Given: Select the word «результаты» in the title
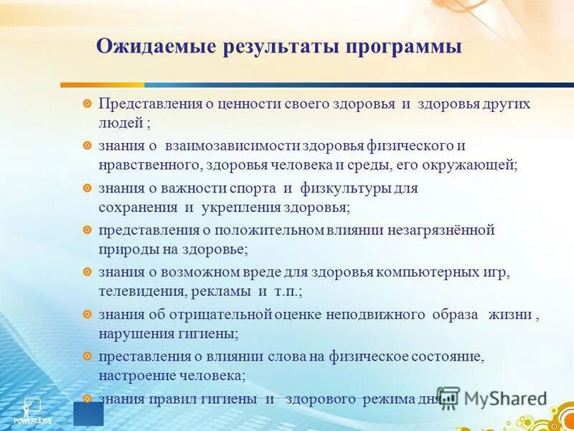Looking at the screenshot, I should [x=273, y=48].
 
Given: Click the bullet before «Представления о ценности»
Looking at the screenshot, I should [x=87, y=104].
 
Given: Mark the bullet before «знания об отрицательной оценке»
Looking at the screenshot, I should [x=87, y=315].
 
